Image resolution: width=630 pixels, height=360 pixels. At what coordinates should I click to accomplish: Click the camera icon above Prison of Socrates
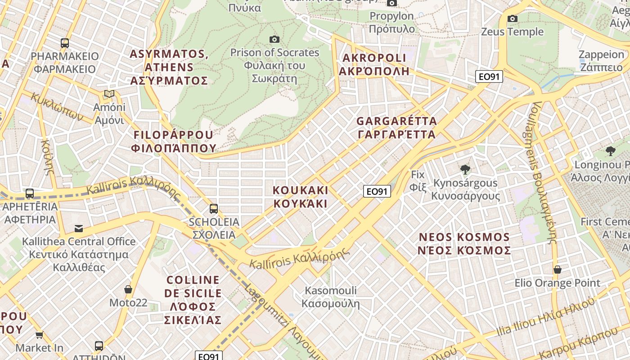[x=274, y=40]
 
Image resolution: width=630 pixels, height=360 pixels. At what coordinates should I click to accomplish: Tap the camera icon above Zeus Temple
[x=512, y=19]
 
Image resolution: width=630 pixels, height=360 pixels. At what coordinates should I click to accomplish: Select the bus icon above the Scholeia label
[x=214, y=209]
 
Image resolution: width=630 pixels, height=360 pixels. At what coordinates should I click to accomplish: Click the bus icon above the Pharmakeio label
[x=65, y=43]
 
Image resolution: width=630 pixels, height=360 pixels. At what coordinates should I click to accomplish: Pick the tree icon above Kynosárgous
[x=465, y=170]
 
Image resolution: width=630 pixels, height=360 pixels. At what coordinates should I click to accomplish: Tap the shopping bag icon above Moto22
[x=128, y=289]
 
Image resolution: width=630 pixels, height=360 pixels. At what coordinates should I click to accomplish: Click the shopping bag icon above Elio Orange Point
[x=558, y=270]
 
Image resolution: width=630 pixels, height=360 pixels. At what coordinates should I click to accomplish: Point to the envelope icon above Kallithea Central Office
[x=79, y=228]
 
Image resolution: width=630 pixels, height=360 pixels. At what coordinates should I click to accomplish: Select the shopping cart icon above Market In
[x=40, y=335]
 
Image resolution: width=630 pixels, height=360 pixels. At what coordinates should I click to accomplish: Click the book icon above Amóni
[x=109, y=94]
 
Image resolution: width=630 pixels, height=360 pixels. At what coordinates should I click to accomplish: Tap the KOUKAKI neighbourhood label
[x=301, y=197]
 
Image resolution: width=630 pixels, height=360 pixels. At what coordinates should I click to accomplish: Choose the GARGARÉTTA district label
[x=396, y=128]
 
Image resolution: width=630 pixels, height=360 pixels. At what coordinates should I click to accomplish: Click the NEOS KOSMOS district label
[x=464, y=243]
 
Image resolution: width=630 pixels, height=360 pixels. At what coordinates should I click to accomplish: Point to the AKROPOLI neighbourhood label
[x=374, y=64]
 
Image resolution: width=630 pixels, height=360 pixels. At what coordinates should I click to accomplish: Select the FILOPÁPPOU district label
[x=173, y=141]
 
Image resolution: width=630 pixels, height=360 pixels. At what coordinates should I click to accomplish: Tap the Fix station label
[x=418, y=180]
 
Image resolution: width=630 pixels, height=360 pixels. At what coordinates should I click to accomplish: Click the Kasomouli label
[x=331, y=297]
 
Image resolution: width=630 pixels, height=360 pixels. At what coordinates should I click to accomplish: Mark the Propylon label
[x=391, y=22]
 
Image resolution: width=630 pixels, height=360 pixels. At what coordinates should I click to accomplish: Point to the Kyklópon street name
[x=58, y=107]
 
